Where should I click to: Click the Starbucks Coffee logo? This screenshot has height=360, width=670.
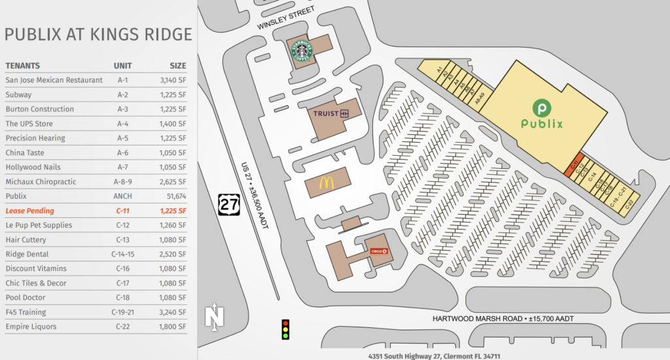pyautogui.click(x=302, y=50)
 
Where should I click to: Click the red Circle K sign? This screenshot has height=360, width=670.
pyautogui.click(x=379, y=251)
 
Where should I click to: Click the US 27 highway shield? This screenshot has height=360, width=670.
pyautogui.click(x=229, y=205)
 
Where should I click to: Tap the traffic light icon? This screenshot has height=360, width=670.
pyautogui.click(x=285, y=329)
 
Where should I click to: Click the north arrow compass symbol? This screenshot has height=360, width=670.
pyautogui.click(x=213, y=317)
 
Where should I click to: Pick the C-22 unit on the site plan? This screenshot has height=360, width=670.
pyautogui.click(x=629, y=204)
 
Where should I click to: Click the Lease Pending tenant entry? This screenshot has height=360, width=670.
pyautogui.click(x=29, y=211)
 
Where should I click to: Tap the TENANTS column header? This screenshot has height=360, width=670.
pyautogui.click(x=22, y=65)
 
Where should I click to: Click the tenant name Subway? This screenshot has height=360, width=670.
pyautogui.click(x=18, y=95)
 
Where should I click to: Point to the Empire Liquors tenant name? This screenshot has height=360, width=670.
pyautogui.click(x=31, y=327)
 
